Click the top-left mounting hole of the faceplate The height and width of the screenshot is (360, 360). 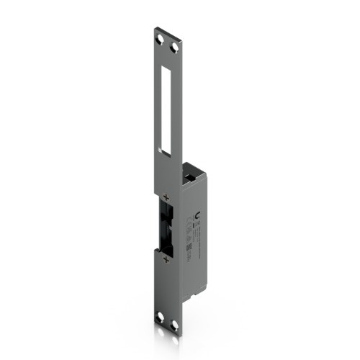point(159,37)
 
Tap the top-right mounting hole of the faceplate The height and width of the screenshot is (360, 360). point(173,48)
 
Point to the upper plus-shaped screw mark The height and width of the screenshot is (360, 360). point(166,197)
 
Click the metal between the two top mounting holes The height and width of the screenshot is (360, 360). point(166,43)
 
